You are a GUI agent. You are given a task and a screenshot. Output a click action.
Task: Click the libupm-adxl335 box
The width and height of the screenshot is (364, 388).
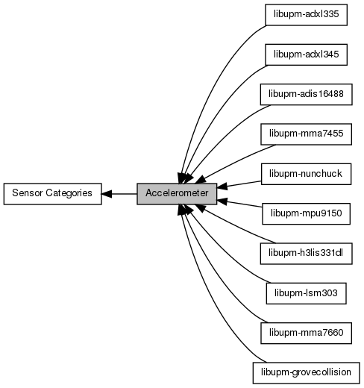click(x=306, y=15)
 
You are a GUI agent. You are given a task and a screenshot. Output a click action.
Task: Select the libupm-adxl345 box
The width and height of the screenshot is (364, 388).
click(x=306, y=54)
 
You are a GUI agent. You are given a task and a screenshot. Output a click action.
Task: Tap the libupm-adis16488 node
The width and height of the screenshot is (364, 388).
click(x=306, y=95)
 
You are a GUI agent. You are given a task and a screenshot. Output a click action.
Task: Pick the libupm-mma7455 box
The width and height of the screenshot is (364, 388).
click(x=306, y=134)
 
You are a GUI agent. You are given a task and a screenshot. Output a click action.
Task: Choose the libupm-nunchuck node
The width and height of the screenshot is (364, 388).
click(x=306, y=174)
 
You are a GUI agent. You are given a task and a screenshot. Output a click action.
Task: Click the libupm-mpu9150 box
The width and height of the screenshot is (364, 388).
click(x=306, y=214)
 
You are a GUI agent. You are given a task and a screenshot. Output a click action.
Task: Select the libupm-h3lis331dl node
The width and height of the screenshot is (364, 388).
click(x=306, y=254)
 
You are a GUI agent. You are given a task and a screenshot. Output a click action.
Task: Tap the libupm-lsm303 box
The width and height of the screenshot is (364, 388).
click(x=306, y=293)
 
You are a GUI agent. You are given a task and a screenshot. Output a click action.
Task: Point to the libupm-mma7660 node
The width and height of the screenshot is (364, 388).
click(x=306, y=334)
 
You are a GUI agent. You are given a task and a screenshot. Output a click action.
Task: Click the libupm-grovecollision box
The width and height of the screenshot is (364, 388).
click(x=306, y=373)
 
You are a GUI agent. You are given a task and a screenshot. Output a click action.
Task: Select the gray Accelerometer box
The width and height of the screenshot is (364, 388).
click(x=177, y=194)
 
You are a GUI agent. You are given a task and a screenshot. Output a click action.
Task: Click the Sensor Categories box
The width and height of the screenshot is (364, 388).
click(x=52, y=194)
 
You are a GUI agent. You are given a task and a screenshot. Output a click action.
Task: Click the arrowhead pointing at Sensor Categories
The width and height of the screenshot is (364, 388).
click(x=107, y=194)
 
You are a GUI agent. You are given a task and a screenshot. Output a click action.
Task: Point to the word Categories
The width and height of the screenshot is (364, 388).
click(x=69, y=193)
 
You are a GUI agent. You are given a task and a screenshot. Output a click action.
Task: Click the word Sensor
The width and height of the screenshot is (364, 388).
click(x=28, y=193)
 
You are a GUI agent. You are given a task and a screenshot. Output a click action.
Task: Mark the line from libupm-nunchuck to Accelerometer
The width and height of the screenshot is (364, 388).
click(x=239, y=184)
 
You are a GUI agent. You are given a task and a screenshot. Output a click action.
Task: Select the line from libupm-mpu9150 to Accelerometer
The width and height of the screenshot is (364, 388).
click(x=239, y=203)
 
